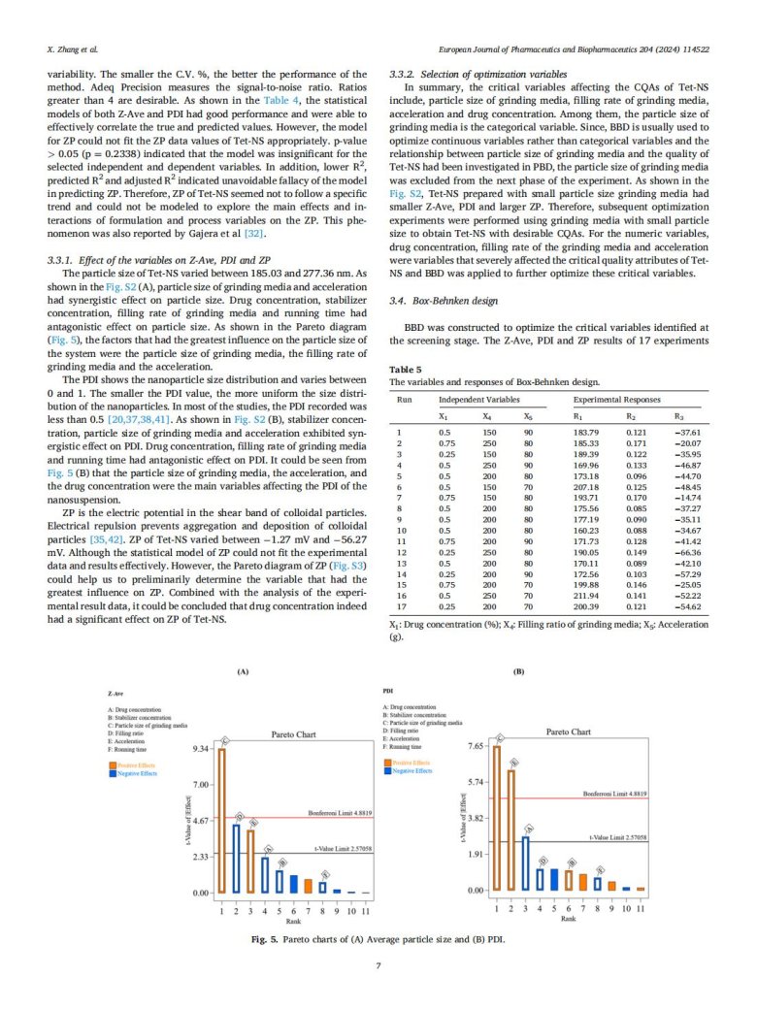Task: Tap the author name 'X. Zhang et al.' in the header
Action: click(x=74, y=47)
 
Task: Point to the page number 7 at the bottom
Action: click(x=378, y=964)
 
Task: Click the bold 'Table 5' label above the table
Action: click(x=406, y=370)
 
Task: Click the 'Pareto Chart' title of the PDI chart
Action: click(x=569, y=732)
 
